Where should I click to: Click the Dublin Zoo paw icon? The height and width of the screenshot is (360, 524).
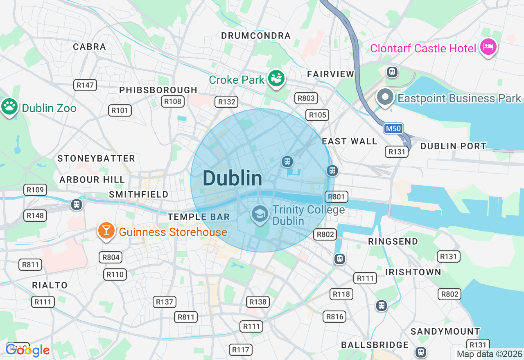[x=9, y=107]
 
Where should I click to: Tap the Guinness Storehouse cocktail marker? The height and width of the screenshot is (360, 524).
[x=106, y=231]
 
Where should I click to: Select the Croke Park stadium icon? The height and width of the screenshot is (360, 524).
[x=276, y=78]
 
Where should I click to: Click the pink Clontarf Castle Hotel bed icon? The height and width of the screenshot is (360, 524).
[x=488, y=47]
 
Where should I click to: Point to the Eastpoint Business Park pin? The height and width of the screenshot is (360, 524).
[x=385, y=97]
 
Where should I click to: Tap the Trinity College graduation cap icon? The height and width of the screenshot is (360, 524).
[x=260, y=214]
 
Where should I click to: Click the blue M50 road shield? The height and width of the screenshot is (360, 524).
[x=393, y=128]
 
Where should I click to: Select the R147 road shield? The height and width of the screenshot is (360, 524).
[x=86, y=85]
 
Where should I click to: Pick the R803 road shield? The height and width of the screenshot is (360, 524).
[x=306, y=98]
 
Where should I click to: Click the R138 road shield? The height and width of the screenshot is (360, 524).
[x=258, y=302]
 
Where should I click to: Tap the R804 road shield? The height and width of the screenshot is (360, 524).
[x=111, y=257]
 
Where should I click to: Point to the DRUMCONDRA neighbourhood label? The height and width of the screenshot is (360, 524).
[x=256, y=36]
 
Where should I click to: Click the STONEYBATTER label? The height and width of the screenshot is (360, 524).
[x=96, y=158]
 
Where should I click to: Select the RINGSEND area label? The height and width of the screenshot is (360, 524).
[x=393, y=241]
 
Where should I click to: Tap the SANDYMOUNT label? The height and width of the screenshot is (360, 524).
[x=445, y=331]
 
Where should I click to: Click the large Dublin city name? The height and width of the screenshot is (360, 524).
[x=232, y=178]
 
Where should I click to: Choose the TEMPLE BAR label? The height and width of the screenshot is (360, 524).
[x=199, y=217]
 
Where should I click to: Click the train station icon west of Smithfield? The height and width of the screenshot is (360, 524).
[x=77, y=204]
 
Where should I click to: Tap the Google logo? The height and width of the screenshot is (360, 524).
[x=27, y=350]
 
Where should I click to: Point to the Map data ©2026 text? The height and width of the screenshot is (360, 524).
[x=489, y=354]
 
